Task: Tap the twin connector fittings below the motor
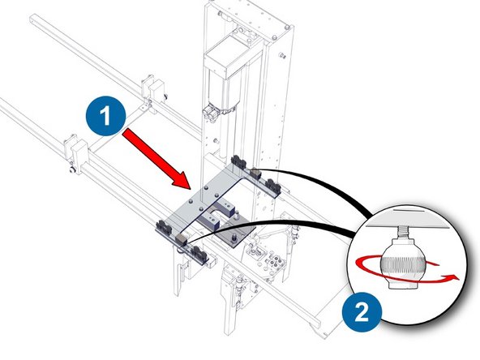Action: tap(216, 110)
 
